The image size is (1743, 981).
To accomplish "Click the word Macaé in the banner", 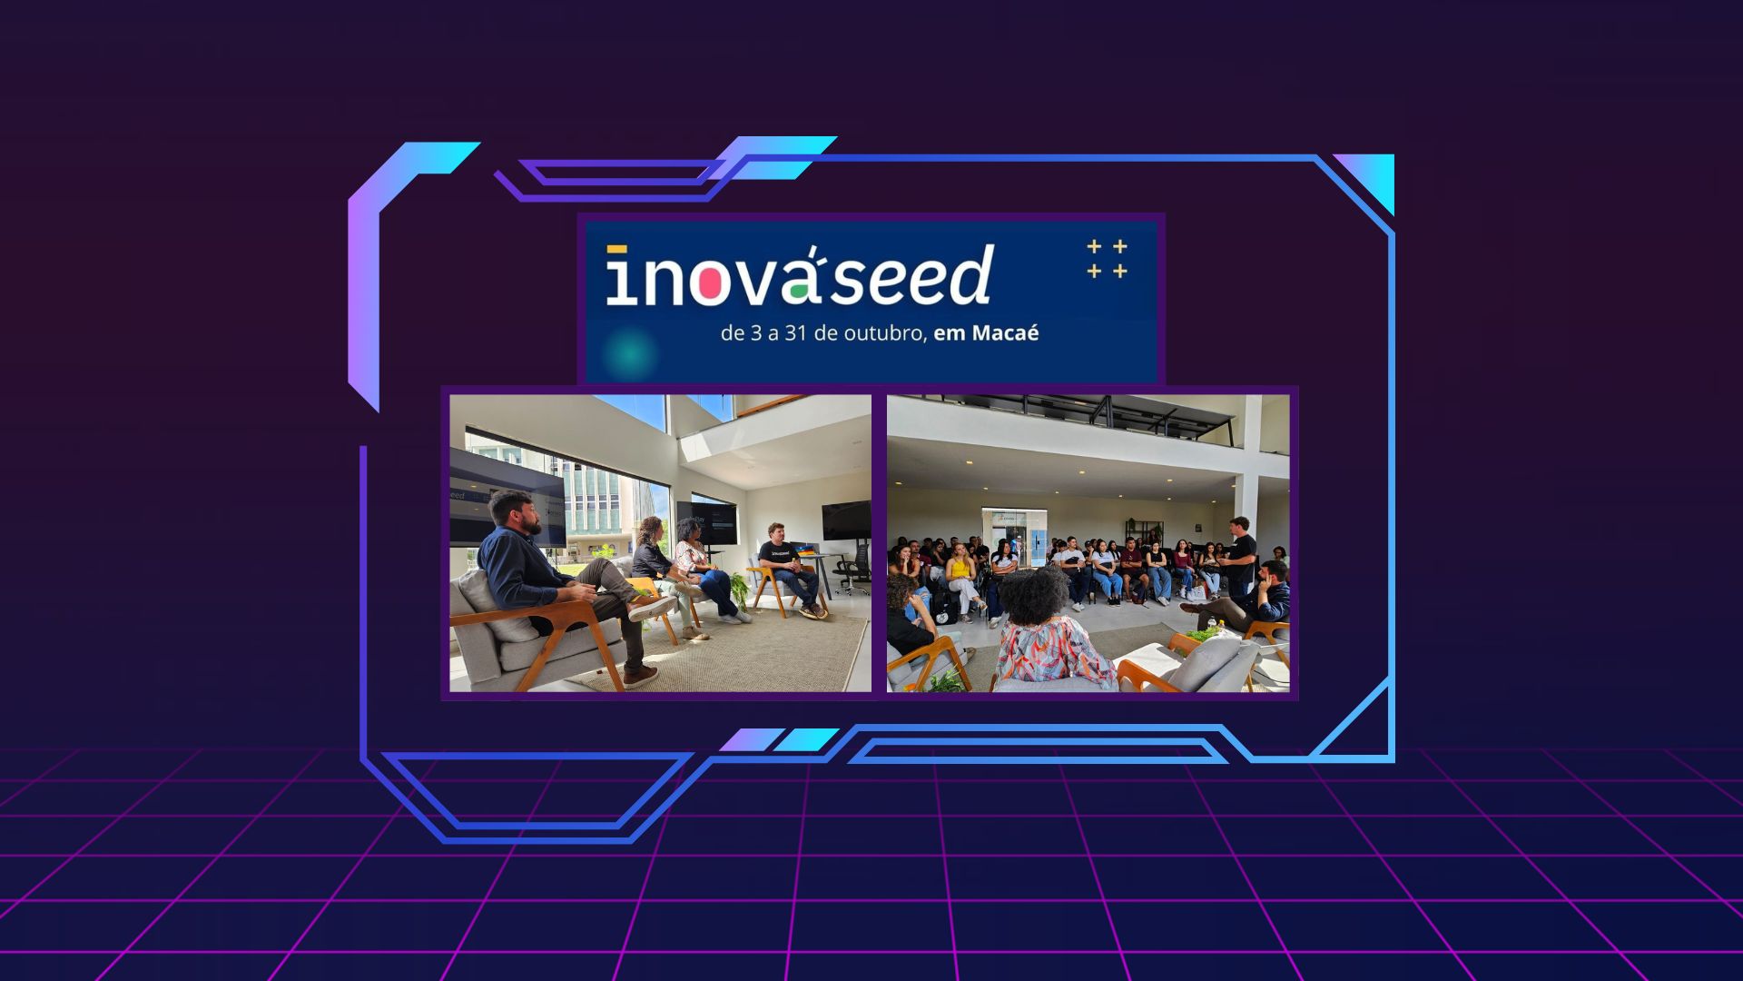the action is point(1005,332).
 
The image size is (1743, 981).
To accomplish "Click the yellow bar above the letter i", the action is point(617,249).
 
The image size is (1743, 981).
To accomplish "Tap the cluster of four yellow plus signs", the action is point(1108,259).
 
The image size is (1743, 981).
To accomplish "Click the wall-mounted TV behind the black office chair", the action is point(845,520).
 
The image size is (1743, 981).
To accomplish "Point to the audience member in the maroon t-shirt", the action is point(1130,569).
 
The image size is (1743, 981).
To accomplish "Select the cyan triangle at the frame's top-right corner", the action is point(1370,179).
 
